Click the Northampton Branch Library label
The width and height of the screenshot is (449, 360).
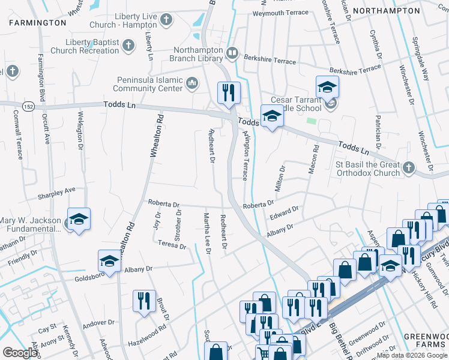pos(198,55)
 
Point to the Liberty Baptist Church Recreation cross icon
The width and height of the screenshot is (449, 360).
pos(128,46)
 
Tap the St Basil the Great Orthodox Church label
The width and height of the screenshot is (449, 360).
pos(367,169)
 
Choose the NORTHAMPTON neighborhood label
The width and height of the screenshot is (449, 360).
pos(394,11)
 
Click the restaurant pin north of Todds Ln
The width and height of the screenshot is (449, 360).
pos(228,92)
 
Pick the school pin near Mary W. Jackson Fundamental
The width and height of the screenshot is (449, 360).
pos(79,220)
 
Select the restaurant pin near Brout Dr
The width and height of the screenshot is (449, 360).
pos(143,301)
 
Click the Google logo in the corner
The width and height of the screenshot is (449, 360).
pos(20,353)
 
